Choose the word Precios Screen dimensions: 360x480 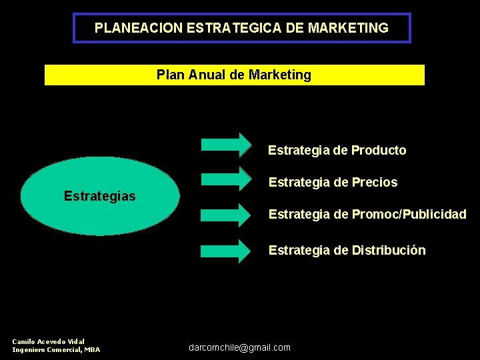[x=375, y=183]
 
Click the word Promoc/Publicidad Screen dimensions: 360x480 [x=409, y=215]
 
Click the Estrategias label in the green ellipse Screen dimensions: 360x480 [x=100, y=196]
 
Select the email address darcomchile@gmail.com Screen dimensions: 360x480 [x=240, y=347]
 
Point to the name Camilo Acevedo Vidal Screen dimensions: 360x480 [x=49, y=341]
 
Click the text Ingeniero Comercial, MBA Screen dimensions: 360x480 [x=56, y=349]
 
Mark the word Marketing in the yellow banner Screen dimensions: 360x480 [x=279, y=75]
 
